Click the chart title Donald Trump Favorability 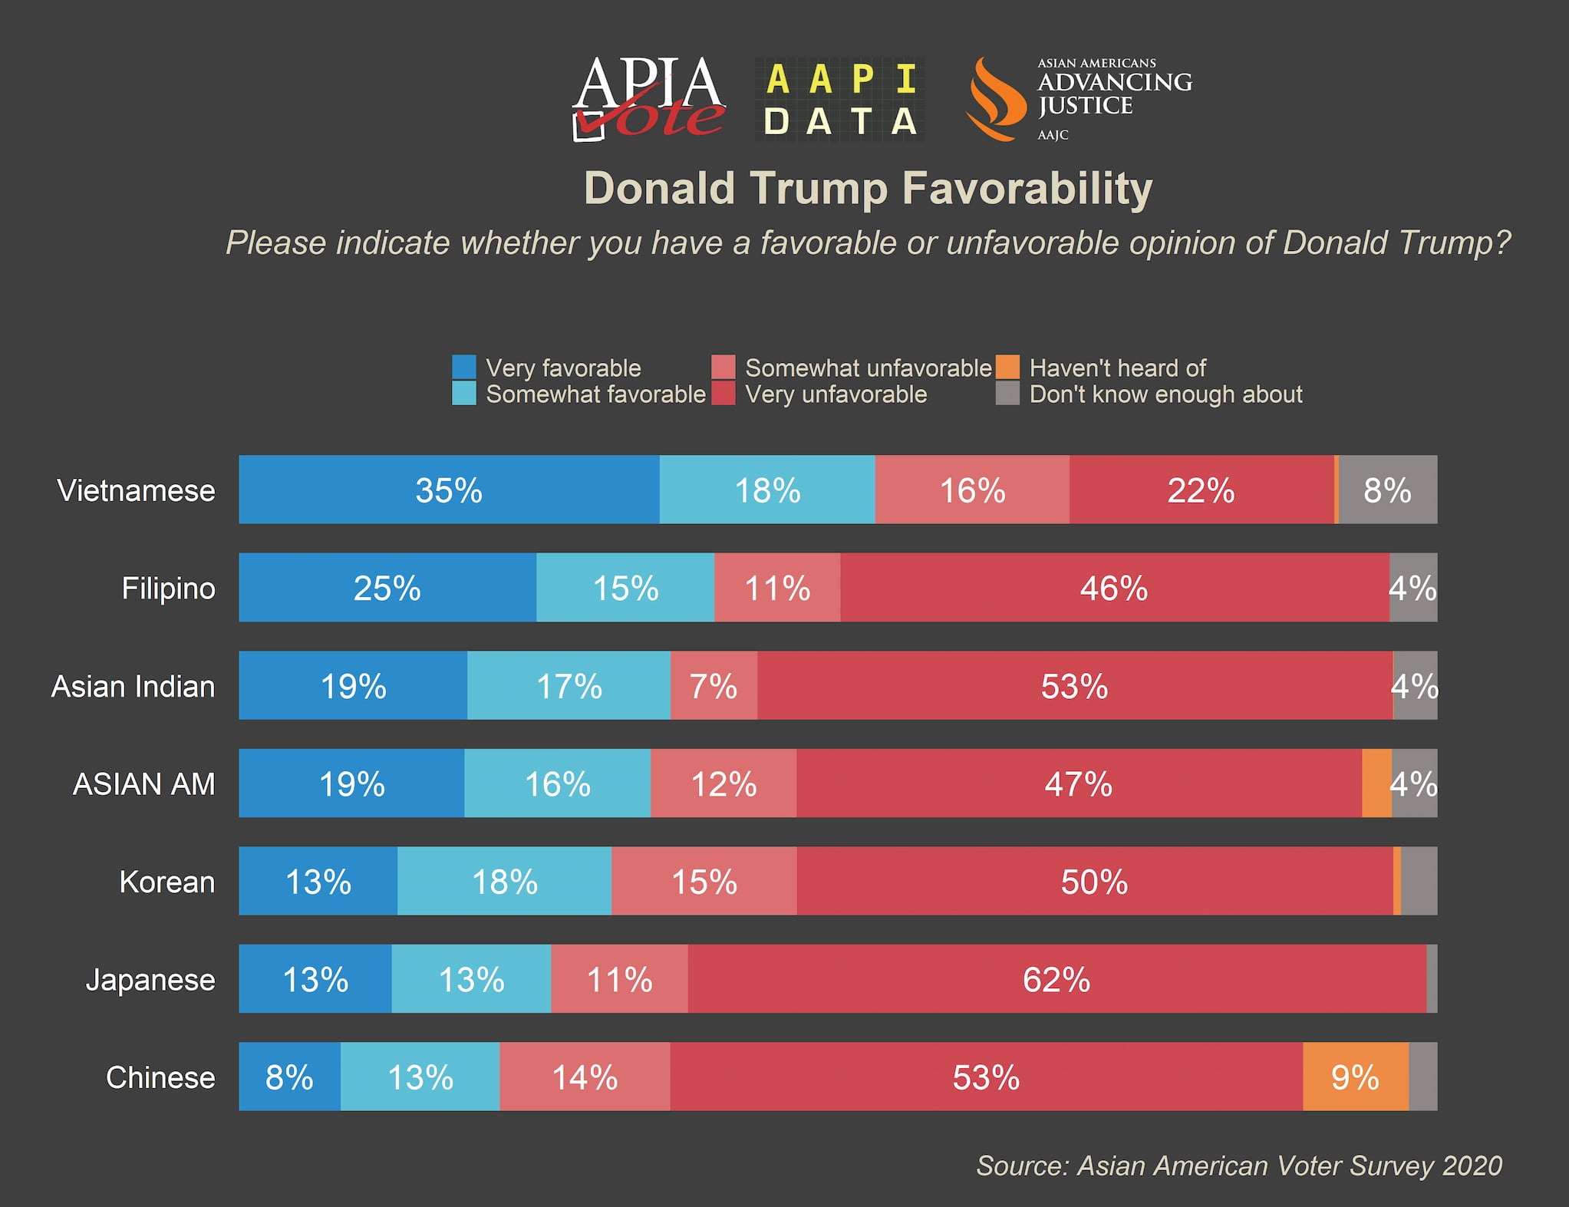868,188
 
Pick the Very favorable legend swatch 464,368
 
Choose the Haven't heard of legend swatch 1007,368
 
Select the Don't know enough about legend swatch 1007,394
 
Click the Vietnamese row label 136,490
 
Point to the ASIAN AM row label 143,784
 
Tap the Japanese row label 150,980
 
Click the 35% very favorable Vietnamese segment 449,490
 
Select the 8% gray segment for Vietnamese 1388,490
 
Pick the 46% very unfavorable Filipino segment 1114,589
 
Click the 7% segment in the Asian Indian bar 714,686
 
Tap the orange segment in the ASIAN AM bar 1376,784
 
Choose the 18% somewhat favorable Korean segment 504,882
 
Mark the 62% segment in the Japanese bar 1056,980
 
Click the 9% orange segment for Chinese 1356,1077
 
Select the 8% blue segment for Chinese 289,1077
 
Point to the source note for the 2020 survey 1238,1166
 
